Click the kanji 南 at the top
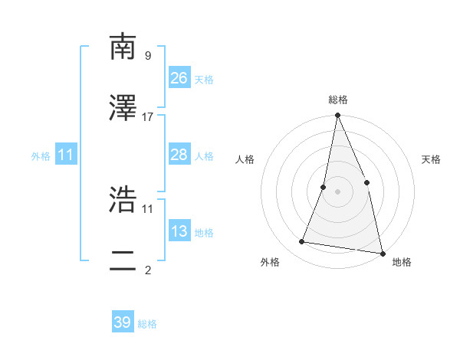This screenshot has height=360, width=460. [x=123, y=47]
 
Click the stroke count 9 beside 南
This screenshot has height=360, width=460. [x=147, y=55]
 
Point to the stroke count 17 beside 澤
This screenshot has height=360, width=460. [x=148, y=116]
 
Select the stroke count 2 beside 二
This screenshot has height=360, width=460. [x=147, y=270]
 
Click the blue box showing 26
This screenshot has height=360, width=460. [x=179, y=77]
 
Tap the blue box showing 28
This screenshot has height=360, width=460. [x=179, y=155]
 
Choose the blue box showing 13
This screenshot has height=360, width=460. [x=179, y=231]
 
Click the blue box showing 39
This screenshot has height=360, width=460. [x=123, y=322]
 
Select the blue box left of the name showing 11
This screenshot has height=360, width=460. [x=67, y=155]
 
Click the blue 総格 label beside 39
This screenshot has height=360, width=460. [x=148, y=324]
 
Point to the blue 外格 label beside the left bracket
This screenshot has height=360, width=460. [x=41, y=156]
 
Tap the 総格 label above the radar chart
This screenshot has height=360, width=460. [x=338, y=100]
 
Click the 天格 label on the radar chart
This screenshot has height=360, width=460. [x=432, y=159]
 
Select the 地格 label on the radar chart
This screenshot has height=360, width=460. [x=402, y=262]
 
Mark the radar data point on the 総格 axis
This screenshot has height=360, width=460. [x=338, y=116]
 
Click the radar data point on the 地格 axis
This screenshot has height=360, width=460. [x=381, y=252]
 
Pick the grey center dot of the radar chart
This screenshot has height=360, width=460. [x=338, y=191]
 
